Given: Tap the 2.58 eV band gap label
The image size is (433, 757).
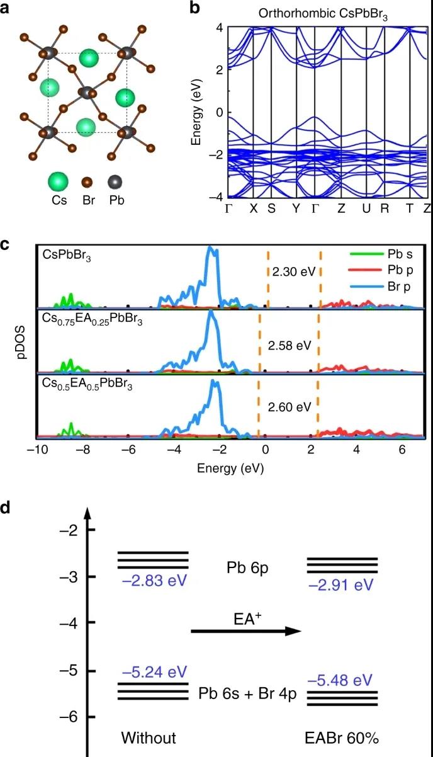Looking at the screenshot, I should (x=290, y=345).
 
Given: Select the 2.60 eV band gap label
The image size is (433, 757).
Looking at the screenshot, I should (x=290, y=406).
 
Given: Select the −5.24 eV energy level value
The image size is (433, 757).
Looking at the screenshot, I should (x=155, y=671).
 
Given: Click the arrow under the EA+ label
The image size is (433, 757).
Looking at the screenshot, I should (x=246, y=631).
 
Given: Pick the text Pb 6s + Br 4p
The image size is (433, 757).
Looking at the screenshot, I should (x=247, y=695).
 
